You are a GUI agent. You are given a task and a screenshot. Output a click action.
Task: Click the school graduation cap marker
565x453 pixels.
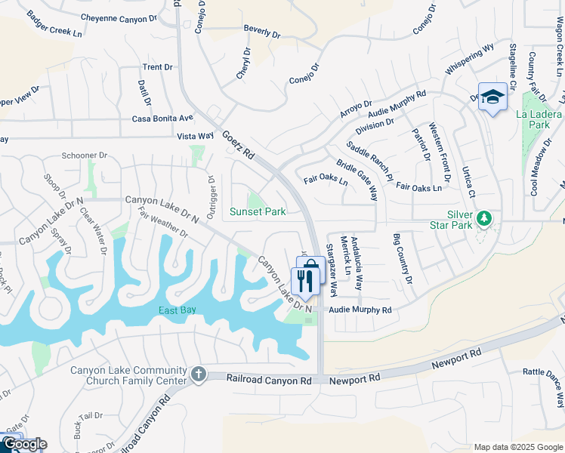click(492, 97)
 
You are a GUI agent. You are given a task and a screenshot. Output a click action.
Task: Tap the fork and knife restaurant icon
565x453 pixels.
click(305, 282)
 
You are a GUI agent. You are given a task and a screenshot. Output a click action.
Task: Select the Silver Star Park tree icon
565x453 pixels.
click(484, 219)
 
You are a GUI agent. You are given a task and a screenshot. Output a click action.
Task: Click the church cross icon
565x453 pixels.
click(198, 374)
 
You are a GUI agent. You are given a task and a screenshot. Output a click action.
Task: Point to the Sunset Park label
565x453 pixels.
click(258, 212)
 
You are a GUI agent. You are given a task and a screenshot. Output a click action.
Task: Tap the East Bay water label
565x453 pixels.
click(178, 311)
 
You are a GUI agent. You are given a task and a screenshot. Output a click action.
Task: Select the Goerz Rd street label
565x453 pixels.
click(238, 144)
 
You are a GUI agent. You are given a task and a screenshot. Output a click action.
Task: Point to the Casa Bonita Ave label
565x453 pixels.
click(162, 119)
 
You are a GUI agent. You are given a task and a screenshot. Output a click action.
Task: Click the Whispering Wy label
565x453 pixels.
click(469, 59)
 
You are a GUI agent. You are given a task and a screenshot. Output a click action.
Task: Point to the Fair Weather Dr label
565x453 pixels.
click(162, 224)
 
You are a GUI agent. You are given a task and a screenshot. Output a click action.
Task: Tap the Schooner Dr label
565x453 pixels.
click(85, 155)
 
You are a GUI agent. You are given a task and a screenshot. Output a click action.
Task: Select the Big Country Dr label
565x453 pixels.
click(403, 260)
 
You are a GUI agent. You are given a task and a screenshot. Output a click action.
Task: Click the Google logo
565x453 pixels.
click(25, 444)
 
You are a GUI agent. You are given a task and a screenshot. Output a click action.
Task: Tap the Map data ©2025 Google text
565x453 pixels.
click(517, 447)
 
